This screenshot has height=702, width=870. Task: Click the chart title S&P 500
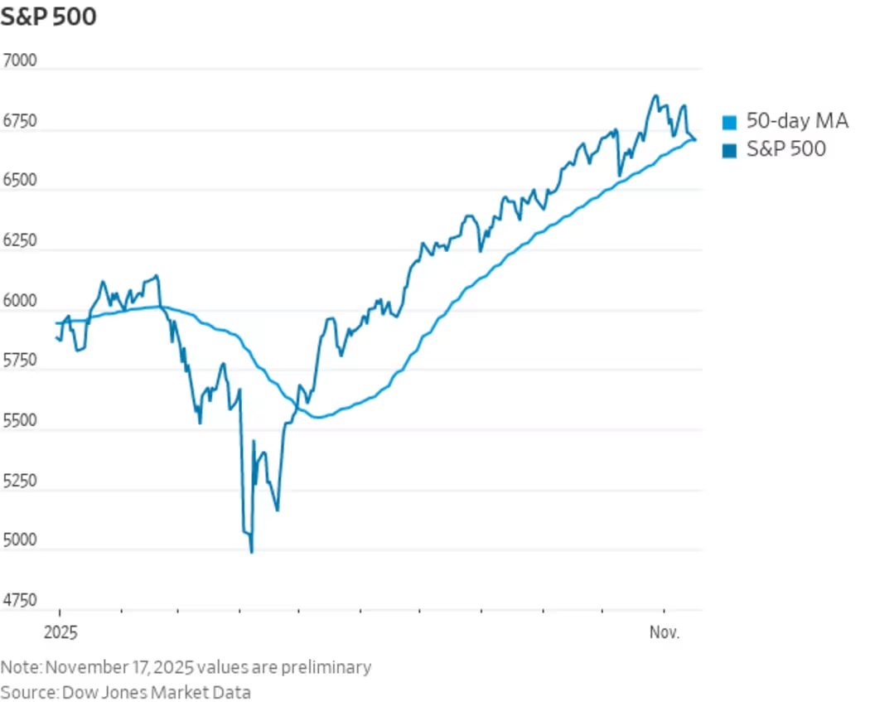pos(48,17)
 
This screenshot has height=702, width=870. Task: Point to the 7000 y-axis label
pos(20,61)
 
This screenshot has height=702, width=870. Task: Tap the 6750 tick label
pos(20,122)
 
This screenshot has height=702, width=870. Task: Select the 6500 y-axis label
pos(20,182)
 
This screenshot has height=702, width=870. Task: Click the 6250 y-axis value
pos(20,241)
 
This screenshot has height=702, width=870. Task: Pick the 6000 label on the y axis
pos(20,302)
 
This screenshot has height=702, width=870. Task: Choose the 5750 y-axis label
pos(20,361)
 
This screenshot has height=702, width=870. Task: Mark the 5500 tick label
pos(20,421)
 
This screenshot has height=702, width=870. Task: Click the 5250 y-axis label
pos(20,481)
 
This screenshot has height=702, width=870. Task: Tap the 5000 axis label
pos(20,540)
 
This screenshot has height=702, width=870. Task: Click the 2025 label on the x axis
pos(59,634)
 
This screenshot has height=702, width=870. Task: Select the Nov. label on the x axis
pos(665,634)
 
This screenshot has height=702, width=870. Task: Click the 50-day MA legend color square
pos(729,123)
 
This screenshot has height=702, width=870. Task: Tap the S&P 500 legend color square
pos(729,150)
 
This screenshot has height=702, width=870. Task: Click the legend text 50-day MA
pos(797,122)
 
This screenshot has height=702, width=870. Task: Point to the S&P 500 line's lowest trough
pos(251,552)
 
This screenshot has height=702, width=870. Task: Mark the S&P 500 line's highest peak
pos(655,95)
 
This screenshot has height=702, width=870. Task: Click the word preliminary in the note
pos(326,667)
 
